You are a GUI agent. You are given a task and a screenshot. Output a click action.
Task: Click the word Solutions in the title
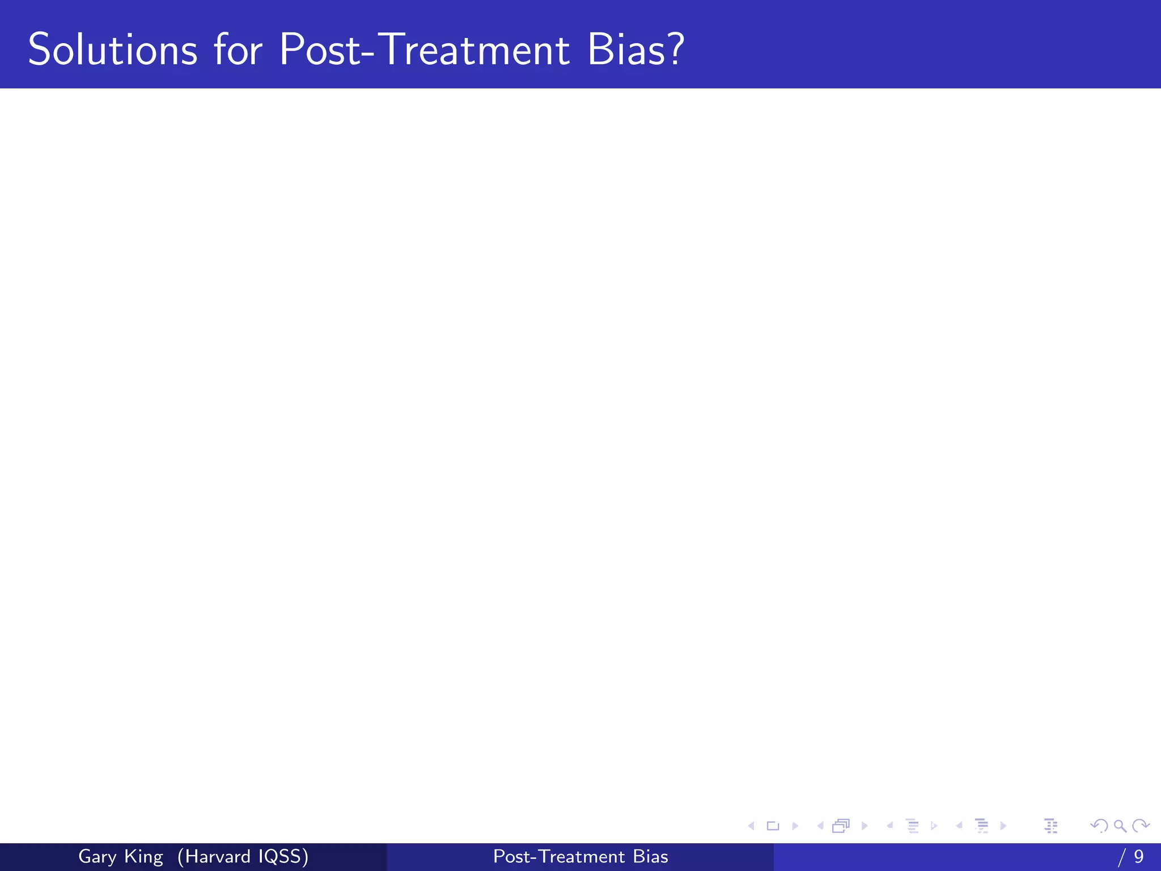112,50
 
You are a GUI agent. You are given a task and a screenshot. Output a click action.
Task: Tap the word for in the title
238,50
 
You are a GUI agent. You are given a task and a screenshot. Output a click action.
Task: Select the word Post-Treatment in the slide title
424,50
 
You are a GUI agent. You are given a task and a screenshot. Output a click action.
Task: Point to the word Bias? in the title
635,50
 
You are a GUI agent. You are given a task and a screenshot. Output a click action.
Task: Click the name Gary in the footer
97,857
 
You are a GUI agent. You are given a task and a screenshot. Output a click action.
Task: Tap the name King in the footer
143,857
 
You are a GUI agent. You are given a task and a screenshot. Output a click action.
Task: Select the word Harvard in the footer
217,856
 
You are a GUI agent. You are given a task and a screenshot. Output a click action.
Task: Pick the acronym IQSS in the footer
279,856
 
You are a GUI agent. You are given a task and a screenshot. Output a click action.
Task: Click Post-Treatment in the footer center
559,856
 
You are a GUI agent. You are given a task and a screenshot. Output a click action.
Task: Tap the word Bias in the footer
650,856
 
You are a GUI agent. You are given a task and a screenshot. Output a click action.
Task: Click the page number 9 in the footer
1138,856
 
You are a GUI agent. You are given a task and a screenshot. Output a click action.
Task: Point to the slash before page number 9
1121,857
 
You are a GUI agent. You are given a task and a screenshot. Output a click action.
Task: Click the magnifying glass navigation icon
1120,826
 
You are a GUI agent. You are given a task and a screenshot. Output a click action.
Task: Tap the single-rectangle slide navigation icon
773,826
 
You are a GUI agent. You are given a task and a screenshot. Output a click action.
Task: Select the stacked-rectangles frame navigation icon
841,826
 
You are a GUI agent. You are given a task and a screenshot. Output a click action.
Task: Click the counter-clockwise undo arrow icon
1099,826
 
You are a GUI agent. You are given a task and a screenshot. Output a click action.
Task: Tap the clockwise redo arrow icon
1140,826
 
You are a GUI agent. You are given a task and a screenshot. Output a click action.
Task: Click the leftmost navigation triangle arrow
751,826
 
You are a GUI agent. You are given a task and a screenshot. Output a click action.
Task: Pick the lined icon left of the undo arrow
1050,826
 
